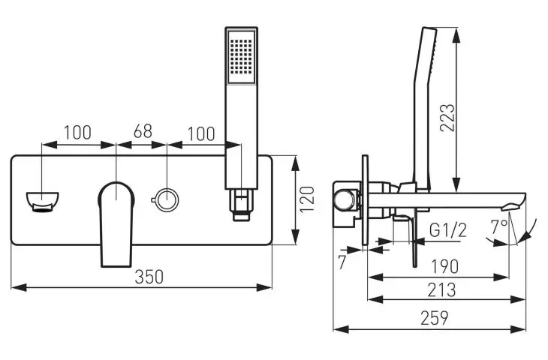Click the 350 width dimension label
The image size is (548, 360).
pos(149,277)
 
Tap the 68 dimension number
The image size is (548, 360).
pos(143,131)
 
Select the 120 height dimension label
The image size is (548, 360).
pos(308,199)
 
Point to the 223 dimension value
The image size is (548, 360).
pos(447,117)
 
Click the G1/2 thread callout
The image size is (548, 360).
pos(447,230)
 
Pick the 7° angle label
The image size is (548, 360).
pos(498,228)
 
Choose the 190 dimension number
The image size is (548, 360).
pos(444,267)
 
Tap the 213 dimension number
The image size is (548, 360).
pos(441,289)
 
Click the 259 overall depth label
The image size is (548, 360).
pos(435,318)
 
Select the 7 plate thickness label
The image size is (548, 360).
pos(342,262)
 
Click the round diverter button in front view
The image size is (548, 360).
pos(167,199)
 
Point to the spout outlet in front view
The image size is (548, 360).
pos(43,202)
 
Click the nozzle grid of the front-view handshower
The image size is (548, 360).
pos(241,56)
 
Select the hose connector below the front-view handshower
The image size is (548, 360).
pos(241,205)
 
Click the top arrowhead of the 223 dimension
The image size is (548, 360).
pos(456,35)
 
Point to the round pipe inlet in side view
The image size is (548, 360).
pos(343,202)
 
